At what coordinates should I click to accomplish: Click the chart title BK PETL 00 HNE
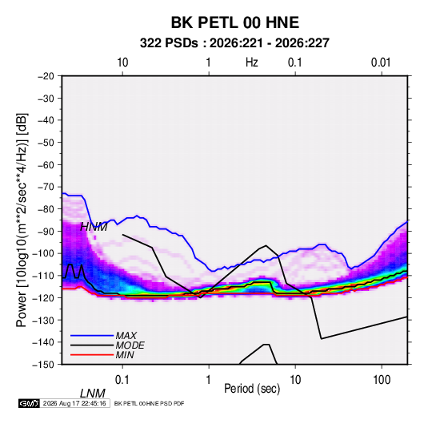[x=235, y=22]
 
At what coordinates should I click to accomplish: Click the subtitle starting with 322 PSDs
[x=234, y=43]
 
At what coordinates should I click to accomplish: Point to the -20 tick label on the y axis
[x=46, y=76]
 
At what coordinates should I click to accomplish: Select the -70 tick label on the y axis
[x=46, y=187]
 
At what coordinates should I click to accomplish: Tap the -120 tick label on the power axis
[x=43, y=297]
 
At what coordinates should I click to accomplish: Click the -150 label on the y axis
[x=43, y=365]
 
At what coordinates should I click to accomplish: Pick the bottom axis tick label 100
[x=382, y=380]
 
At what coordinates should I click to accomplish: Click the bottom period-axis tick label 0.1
[x=122, y=380]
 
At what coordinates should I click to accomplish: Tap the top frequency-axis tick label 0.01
[x=381, y=63]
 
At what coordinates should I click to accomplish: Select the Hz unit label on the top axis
[x=252, y=63]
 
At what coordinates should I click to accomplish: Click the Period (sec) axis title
[x=252, y=389]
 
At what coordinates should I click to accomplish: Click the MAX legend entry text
[x=126, y=336]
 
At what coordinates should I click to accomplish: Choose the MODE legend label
[x=130, y=345]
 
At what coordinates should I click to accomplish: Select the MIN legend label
[x=125, y=355]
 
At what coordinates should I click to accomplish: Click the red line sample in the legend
[x=92, y=355]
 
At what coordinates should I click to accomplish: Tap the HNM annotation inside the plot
[x=94, y=227]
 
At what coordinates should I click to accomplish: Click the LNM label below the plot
[x=93, y=394]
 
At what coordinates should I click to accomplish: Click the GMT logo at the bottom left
[x=29, y=403]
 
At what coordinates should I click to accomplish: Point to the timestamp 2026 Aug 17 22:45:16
[x=74, y=403]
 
